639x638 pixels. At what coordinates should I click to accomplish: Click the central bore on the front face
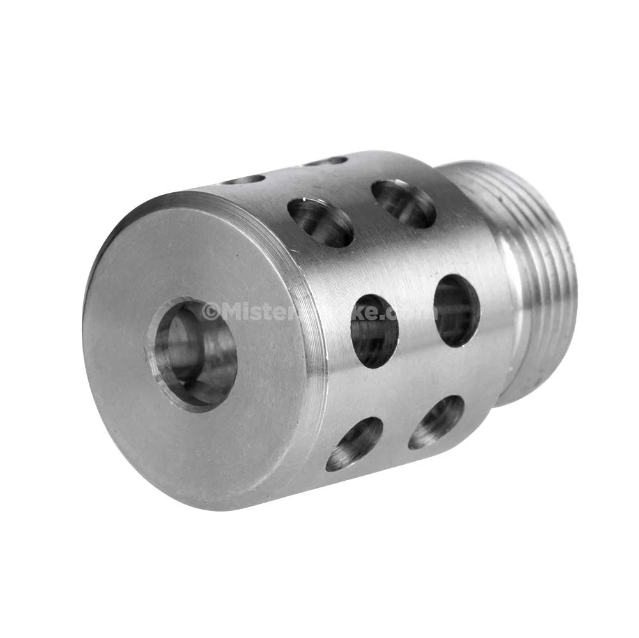tap(192, 355)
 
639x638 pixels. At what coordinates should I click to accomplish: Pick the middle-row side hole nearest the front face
tap(374, 331)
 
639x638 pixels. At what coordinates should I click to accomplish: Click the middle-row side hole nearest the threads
tap(456, 310)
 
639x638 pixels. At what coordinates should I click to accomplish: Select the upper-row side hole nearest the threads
tap(404, 203)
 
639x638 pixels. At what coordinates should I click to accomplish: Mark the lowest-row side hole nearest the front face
tap(354, 444)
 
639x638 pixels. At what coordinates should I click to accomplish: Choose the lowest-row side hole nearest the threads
tap(436, 422)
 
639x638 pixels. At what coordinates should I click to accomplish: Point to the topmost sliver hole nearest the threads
tap(326, 161)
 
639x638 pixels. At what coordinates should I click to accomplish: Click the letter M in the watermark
tap(231, 312)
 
